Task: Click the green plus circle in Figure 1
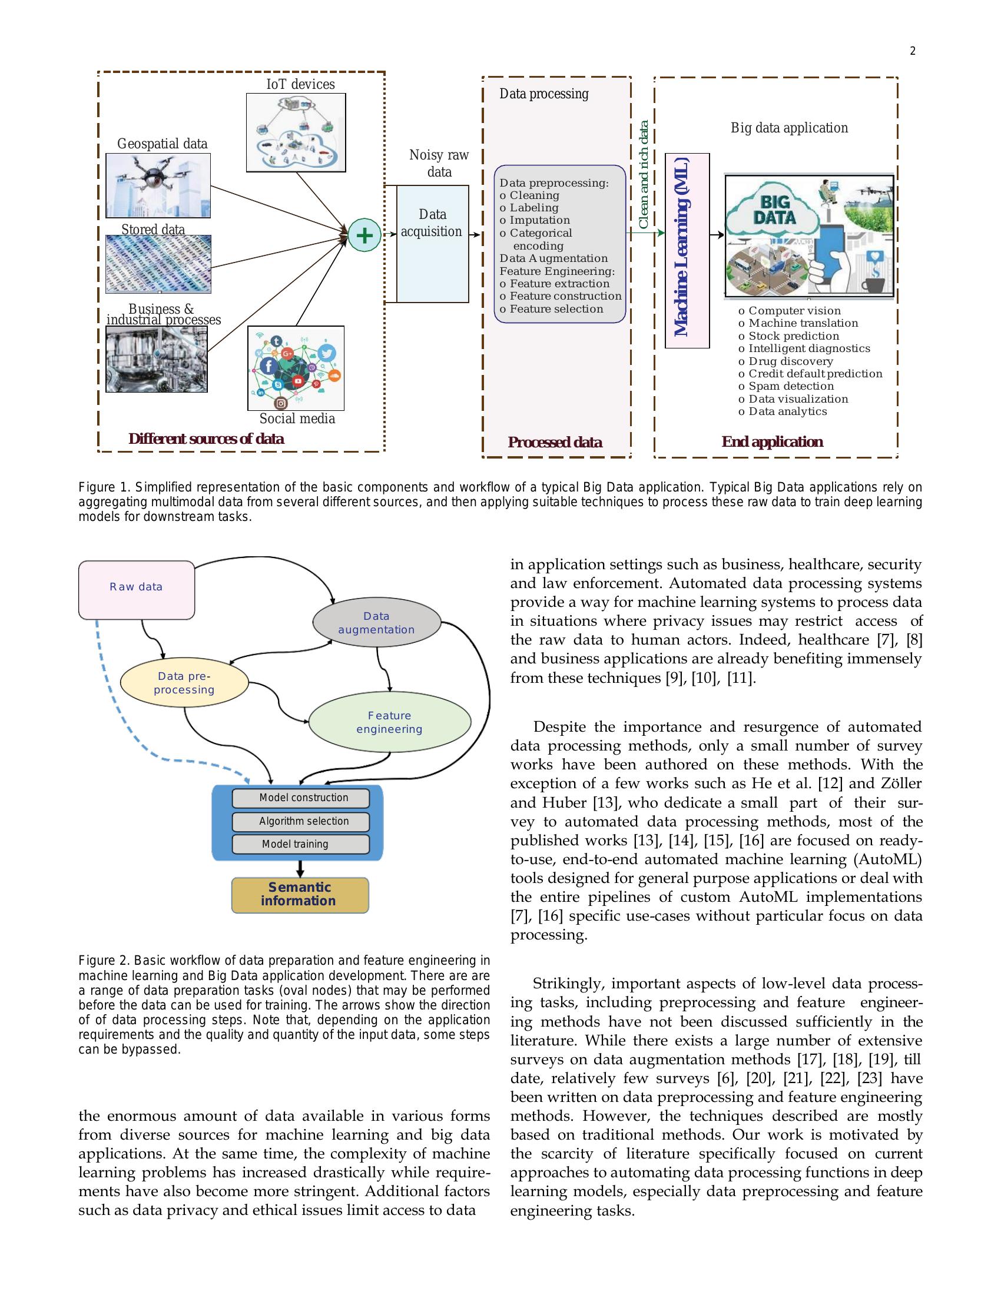(x=364, y=235)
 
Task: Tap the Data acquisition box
(x=432, y=243)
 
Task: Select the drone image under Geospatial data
(x=158, y=185)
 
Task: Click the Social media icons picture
(x=296, y=368)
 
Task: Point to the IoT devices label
(x=300, y=84)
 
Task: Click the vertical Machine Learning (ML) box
(x=687, y=250)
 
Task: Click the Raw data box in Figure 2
(x=137, y=589)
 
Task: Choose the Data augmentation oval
(x=377, y=623)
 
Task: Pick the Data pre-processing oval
(x=184, y=683)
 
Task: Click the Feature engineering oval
(x=390, y=722)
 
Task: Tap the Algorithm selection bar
(x=301, y=821)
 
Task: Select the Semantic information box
(x=300, y=894)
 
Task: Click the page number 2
(x=913, y=51)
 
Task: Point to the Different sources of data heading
(x=205, y=439)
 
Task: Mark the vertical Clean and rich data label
(x=644, y=175)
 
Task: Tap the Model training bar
(x=301, y=844)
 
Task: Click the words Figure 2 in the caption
(x=104, y=960)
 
